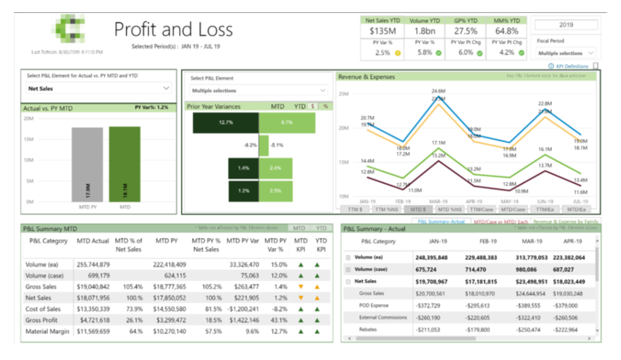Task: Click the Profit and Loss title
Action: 173,30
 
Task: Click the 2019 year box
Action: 566,25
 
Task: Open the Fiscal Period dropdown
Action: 566,53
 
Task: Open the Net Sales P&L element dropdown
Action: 98,88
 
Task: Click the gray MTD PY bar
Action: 87,164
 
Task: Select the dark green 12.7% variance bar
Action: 226,123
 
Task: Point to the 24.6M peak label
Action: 438,90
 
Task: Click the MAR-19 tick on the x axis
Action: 437,201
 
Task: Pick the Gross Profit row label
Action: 42,320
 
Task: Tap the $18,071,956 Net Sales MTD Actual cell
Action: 93,298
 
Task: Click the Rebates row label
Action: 369,329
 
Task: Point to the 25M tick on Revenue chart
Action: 344,94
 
